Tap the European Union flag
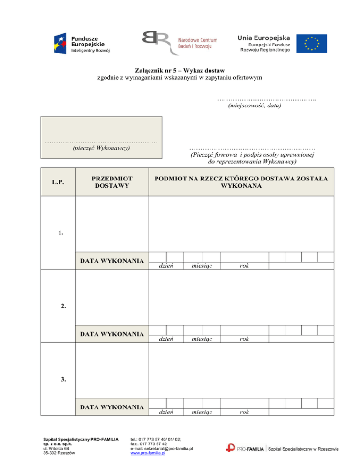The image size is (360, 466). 311,44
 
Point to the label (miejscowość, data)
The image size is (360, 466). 255,106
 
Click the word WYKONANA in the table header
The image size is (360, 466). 242,186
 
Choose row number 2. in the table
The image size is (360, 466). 63,307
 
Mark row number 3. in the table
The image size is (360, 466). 63,379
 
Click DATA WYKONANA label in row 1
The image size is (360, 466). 112,260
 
